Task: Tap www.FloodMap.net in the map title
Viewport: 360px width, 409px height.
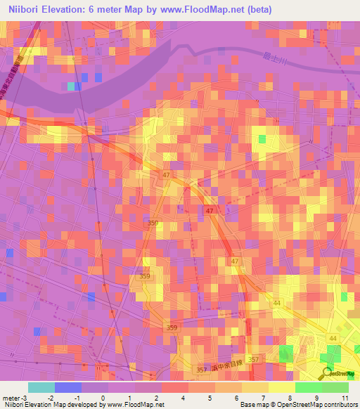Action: coord(189,9)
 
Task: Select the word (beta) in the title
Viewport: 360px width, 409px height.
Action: coord(256,9)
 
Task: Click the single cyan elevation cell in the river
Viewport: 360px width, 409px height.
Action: coord(70,86)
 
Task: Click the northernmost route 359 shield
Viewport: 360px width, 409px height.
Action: coord(153,223)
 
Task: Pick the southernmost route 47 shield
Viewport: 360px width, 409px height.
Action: coord(235,261)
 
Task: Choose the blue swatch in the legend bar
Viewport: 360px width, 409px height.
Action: coord(68,387)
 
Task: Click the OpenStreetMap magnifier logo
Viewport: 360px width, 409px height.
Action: coord(327,374)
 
